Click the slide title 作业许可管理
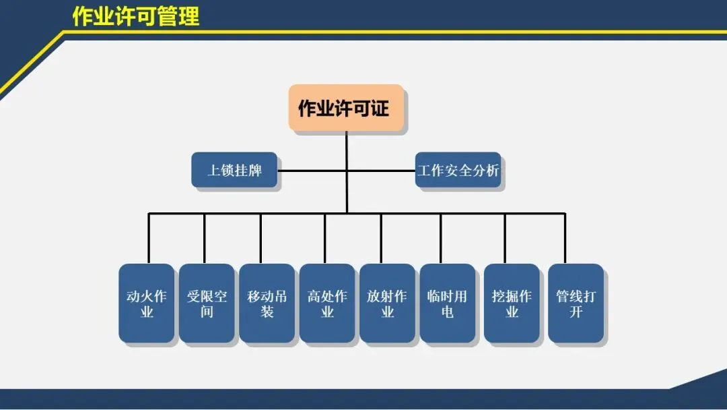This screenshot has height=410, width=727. pos(136,16)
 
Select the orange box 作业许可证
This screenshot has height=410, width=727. pos(346,108)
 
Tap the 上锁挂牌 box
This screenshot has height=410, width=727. pos(234,170)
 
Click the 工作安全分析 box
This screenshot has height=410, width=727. pos(458,170)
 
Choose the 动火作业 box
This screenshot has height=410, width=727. pos(147,303)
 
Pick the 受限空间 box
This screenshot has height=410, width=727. pos(207,303)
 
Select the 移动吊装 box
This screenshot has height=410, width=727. pos(267,303)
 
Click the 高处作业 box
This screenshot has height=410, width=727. pos(327,303)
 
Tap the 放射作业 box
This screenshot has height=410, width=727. pos(387,303)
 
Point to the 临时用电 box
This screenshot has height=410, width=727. pos(448,303)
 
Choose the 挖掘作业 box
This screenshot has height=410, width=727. pos(512,303)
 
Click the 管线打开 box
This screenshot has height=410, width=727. pos(576,303)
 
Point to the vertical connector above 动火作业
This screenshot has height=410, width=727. pos(149,239)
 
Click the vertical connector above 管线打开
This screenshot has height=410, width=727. pos(565,239)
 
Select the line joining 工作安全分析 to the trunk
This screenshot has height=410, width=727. pos(381,170)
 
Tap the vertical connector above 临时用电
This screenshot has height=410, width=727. pos(441,239)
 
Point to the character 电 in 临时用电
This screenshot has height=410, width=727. pos(448,312)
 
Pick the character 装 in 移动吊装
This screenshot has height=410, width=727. pos(267,312)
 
